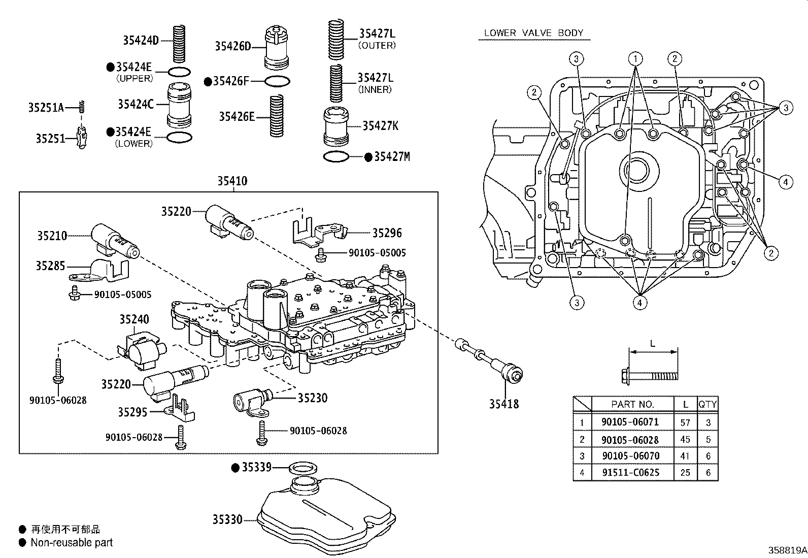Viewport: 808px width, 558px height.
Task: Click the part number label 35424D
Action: (141, 40)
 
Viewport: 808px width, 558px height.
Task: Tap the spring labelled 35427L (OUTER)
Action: (336, 39)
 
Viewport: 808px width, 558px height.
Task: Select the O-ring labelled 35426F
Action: (277, 81)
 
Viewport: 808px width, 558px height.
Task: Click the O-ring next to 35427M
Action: (336, 157)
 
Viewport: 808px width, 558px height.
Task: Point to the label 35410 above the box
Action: (232, 181)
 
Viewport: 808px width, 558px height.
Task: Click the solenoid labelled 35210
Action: (115, 241)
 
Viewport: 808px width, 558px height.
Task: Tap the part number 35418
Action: (504, 404)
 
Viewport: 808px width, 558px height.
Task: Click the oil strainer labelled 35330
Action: (326, 512)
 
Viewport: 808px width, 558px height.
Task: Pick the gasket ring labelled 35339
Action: (304, 468)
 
